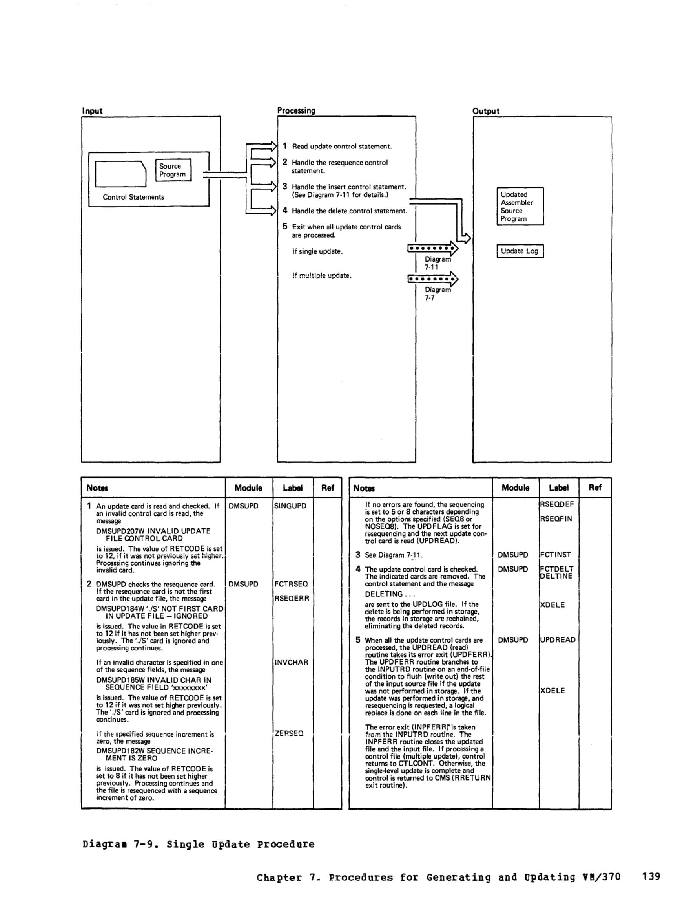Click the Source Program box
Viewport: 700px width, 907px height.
(173, 170)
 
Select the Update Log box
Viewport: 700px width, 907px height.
(520, 251)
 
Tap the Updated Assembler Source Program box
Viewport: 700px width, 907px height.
(520, 206)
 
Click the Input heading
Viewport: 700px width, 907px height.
(92, 111)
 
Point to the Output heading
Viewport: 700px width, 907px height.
(486, 111)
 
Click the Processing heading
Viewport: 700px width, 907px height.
(296, 110)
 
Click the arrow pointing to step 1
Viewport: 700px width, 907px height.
(261, 146)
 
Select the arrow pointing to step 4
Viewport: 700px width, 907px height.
(261, 211)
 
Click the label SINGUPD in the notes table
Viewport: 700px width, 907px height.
(290, 506)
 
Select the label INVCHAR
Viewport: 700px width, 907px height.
(291, 662)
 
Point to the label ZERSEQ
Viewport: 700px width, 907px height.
(289, 733)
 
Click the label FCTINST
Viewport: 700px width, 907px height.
(556, 555)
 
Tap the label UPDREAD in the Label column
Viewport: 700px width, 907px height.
(558, 640)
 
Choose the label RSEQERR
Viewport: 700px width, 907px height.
(292, 598)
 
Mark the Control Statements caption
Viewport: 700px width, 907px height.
(133, 197)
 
